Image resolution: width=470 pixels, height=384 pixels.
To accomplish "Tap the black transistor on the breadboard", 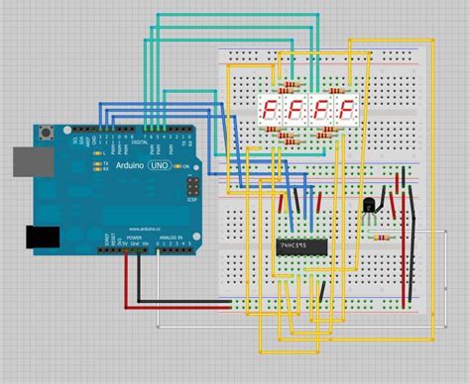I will point(369,205).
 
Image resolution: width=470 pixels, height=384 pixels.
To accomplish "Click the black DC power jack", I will point(40,236).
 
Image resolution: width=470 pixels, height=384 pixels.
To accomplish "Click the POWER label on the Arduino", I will point(134,239).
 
